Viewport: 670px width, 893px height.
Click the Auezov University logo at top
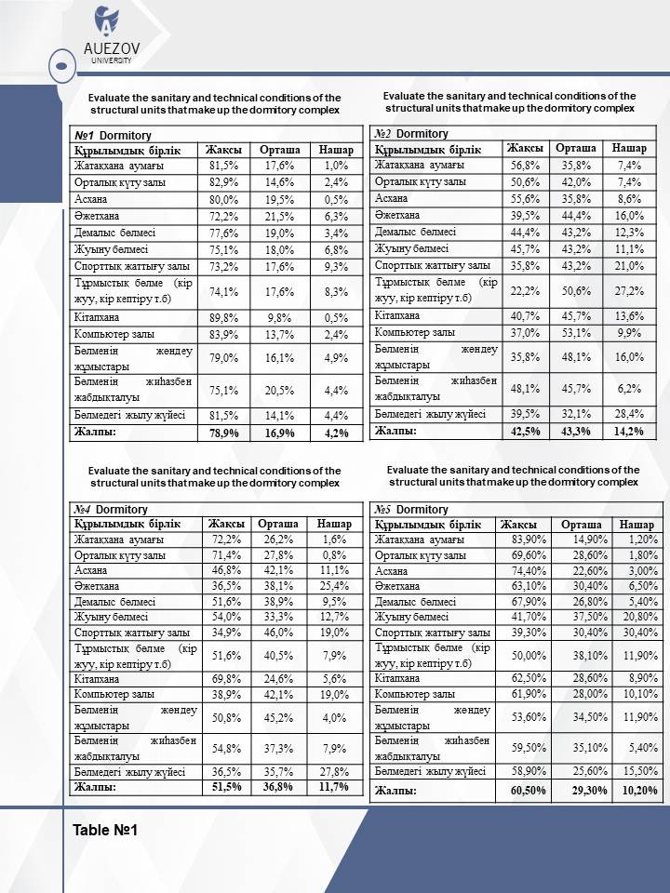[x=107, y=34]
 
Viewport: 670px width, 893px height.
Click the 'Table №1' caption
[x=105, y=830]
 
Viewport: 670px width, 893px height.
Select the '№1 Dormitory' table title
[x=106, y=135]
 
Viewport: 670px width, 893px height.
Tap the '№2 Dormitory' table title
[x=410, y=134]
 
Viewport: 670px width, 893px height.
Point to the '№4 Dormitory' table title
[x=111, y=510]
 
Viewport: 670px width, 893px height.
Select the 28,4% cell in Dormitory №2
[x=629, y=413]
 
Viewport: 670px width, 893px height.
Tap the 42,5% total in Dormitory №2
[x=525, y=431]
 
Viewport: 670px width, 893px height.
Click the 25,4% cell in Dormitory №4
[x=331, y=586]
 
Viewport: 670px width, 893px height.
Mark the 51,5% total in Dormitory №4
[x=226, y=787]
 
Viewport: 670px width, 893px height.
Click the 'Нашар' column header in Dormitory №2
[x=629, y=149]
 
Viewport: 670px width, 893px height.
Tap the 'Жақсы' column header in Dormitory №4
[x=226, y=524]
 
